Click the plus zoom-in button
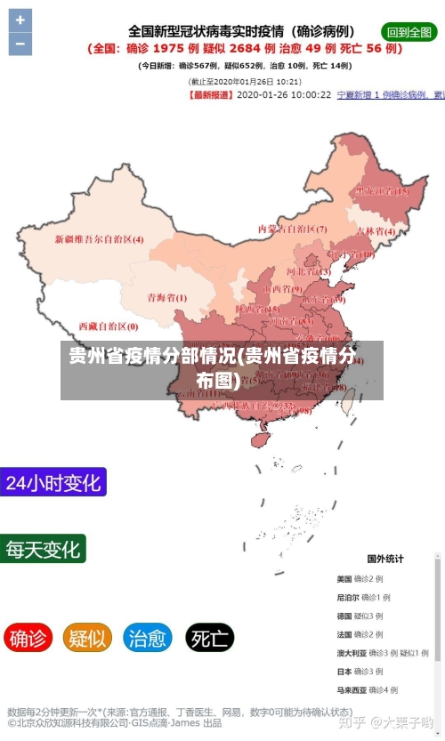coord(20,20)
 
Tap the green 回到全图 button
coord(409,31)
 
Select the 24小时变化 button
coord(53,483)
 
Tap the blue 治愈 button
coord(148,638)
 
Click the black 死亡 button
coord(209,638)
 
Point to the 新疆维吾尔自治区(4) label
coord(99,239)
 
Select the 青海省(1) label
coord(166,297)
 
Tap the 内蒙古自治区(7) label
coord(292,229)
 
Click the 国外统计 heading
coord(385,559)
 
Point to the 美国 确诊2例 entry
coord(360,579)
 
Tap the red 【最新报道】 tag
coord(212,94)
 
